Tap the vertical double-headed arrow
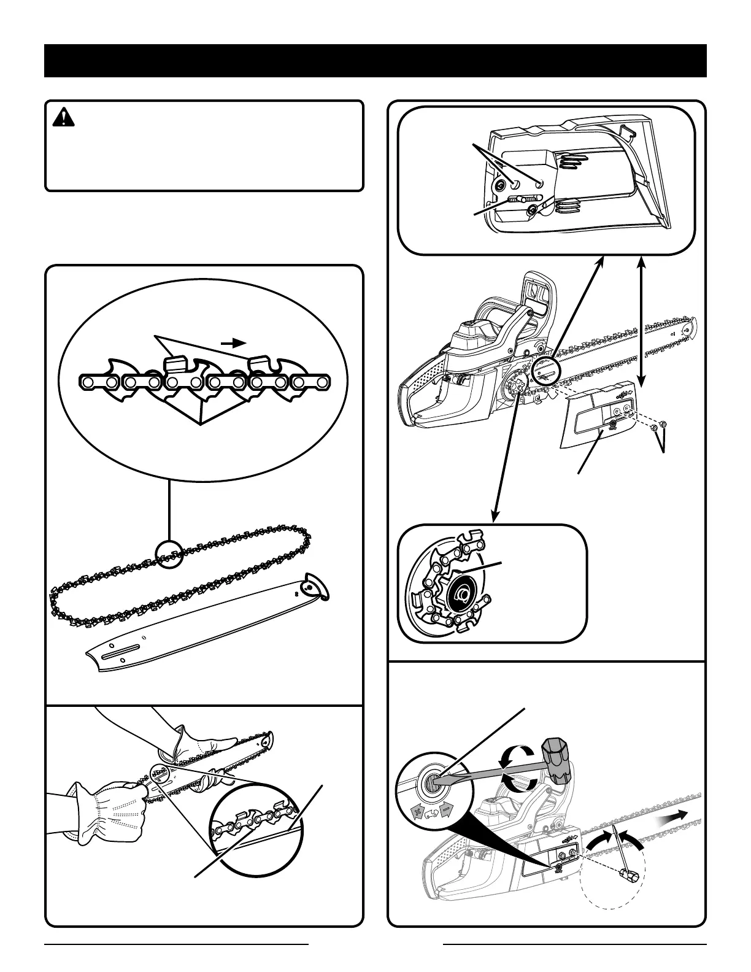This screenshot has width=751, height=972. (x=642, y=319)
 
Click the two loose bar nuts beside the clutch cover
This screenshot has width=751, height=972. (x=660, y=426)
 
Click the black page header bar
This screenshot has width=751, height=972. (x=375, y=61)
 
